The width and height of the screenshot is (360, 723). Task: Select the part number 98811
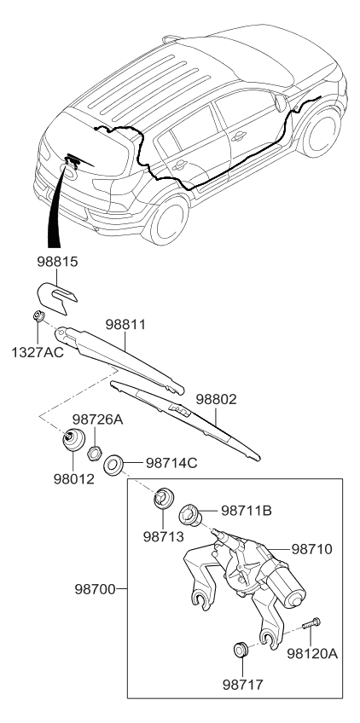click(x=127, y=326)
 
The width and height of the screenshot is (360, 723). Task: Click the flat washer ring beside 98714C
click(x=113, y=466)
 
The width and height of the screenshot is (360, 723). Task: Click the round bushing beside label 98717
click(x=241, y=651)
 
